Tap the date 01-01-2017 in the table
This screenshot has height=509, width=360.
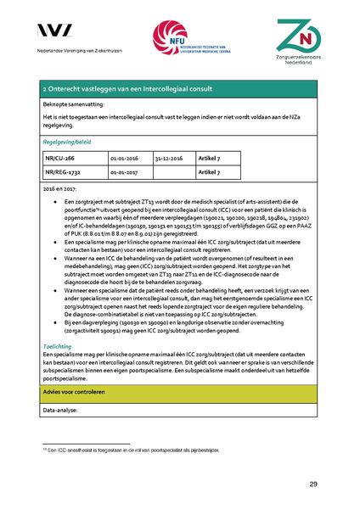pos(124,171)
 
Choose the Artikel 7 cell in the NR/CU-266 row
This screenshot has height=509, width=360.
pos(209,158)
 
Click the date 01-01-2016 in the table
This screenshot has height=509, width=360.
pos(124,158)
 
